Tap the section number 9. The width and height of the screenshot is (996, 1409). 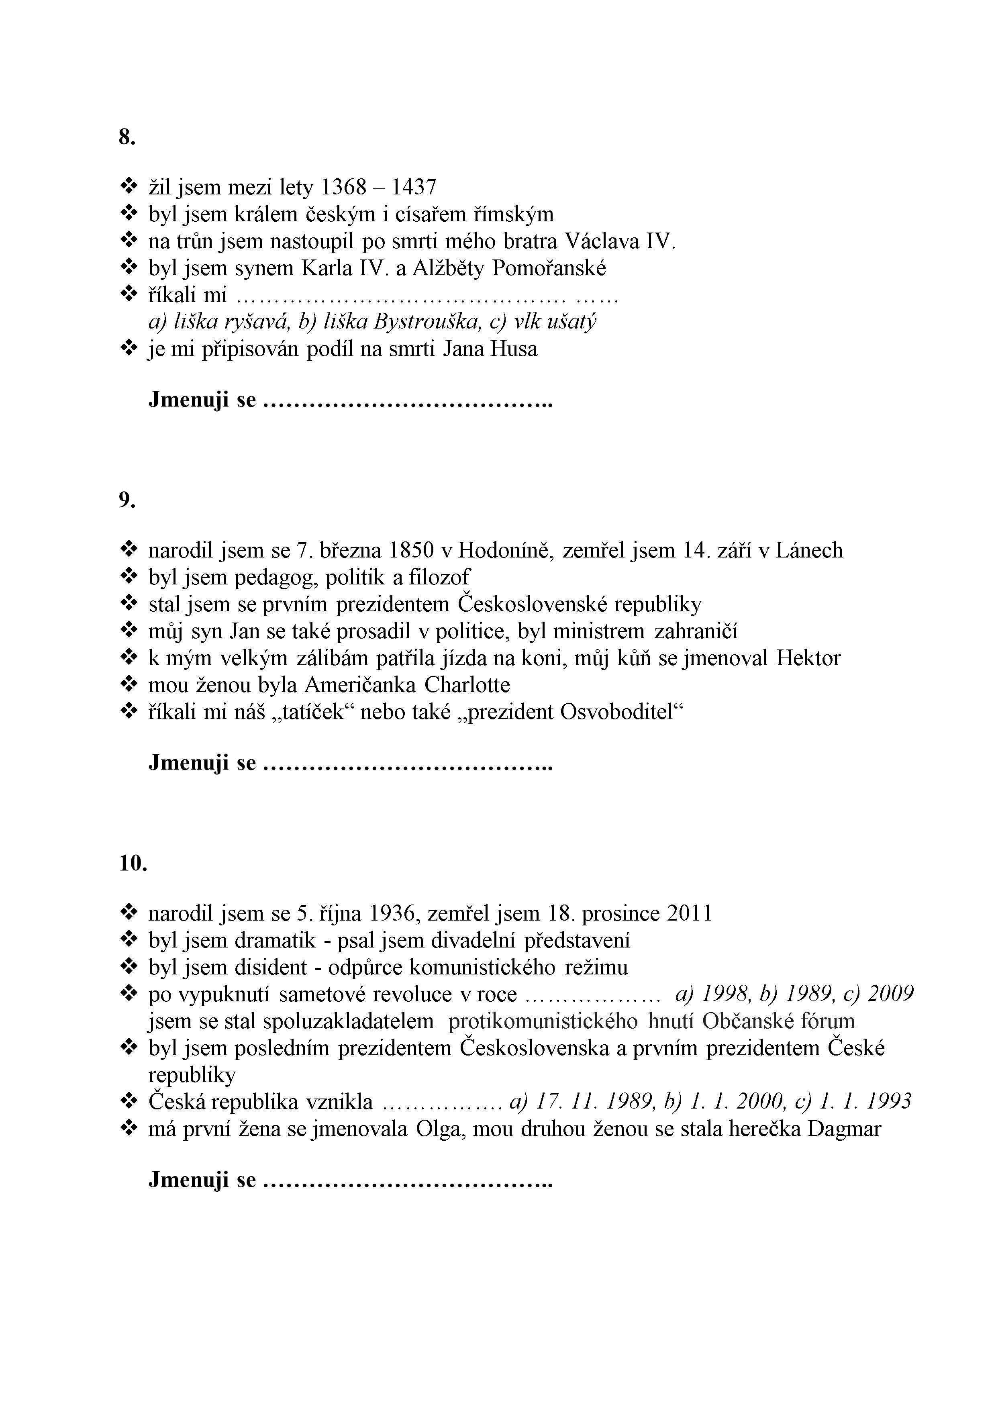[127, 501]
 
